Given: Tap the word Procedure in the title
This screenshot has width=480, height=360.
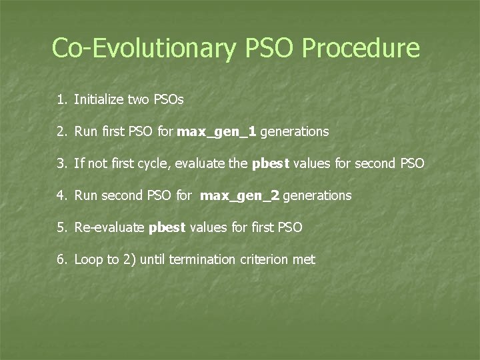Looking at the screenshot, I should [x=361, y=48].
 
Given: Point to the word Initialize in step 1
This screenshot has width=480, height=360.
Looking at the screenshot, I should [x=98, y=100].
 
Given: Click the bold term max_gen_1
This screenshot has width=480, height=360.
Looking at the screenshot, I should [x=217, y=132].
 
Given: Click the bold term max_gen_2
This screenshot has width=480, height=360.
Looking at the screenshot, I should [x=241, y=196].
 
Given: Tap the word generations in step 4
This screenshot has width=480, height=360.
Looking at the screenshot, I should [x=317, y=196].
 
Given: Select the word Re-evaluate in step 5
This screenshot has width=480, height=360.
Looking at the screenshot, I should [x=109, y=228].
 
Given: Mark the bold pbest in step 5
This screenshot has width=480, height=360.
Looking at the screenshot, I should [x=167, y=228].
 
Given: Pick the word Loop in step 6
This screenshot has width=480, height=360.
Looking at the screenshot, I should [x=87, y=260].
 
